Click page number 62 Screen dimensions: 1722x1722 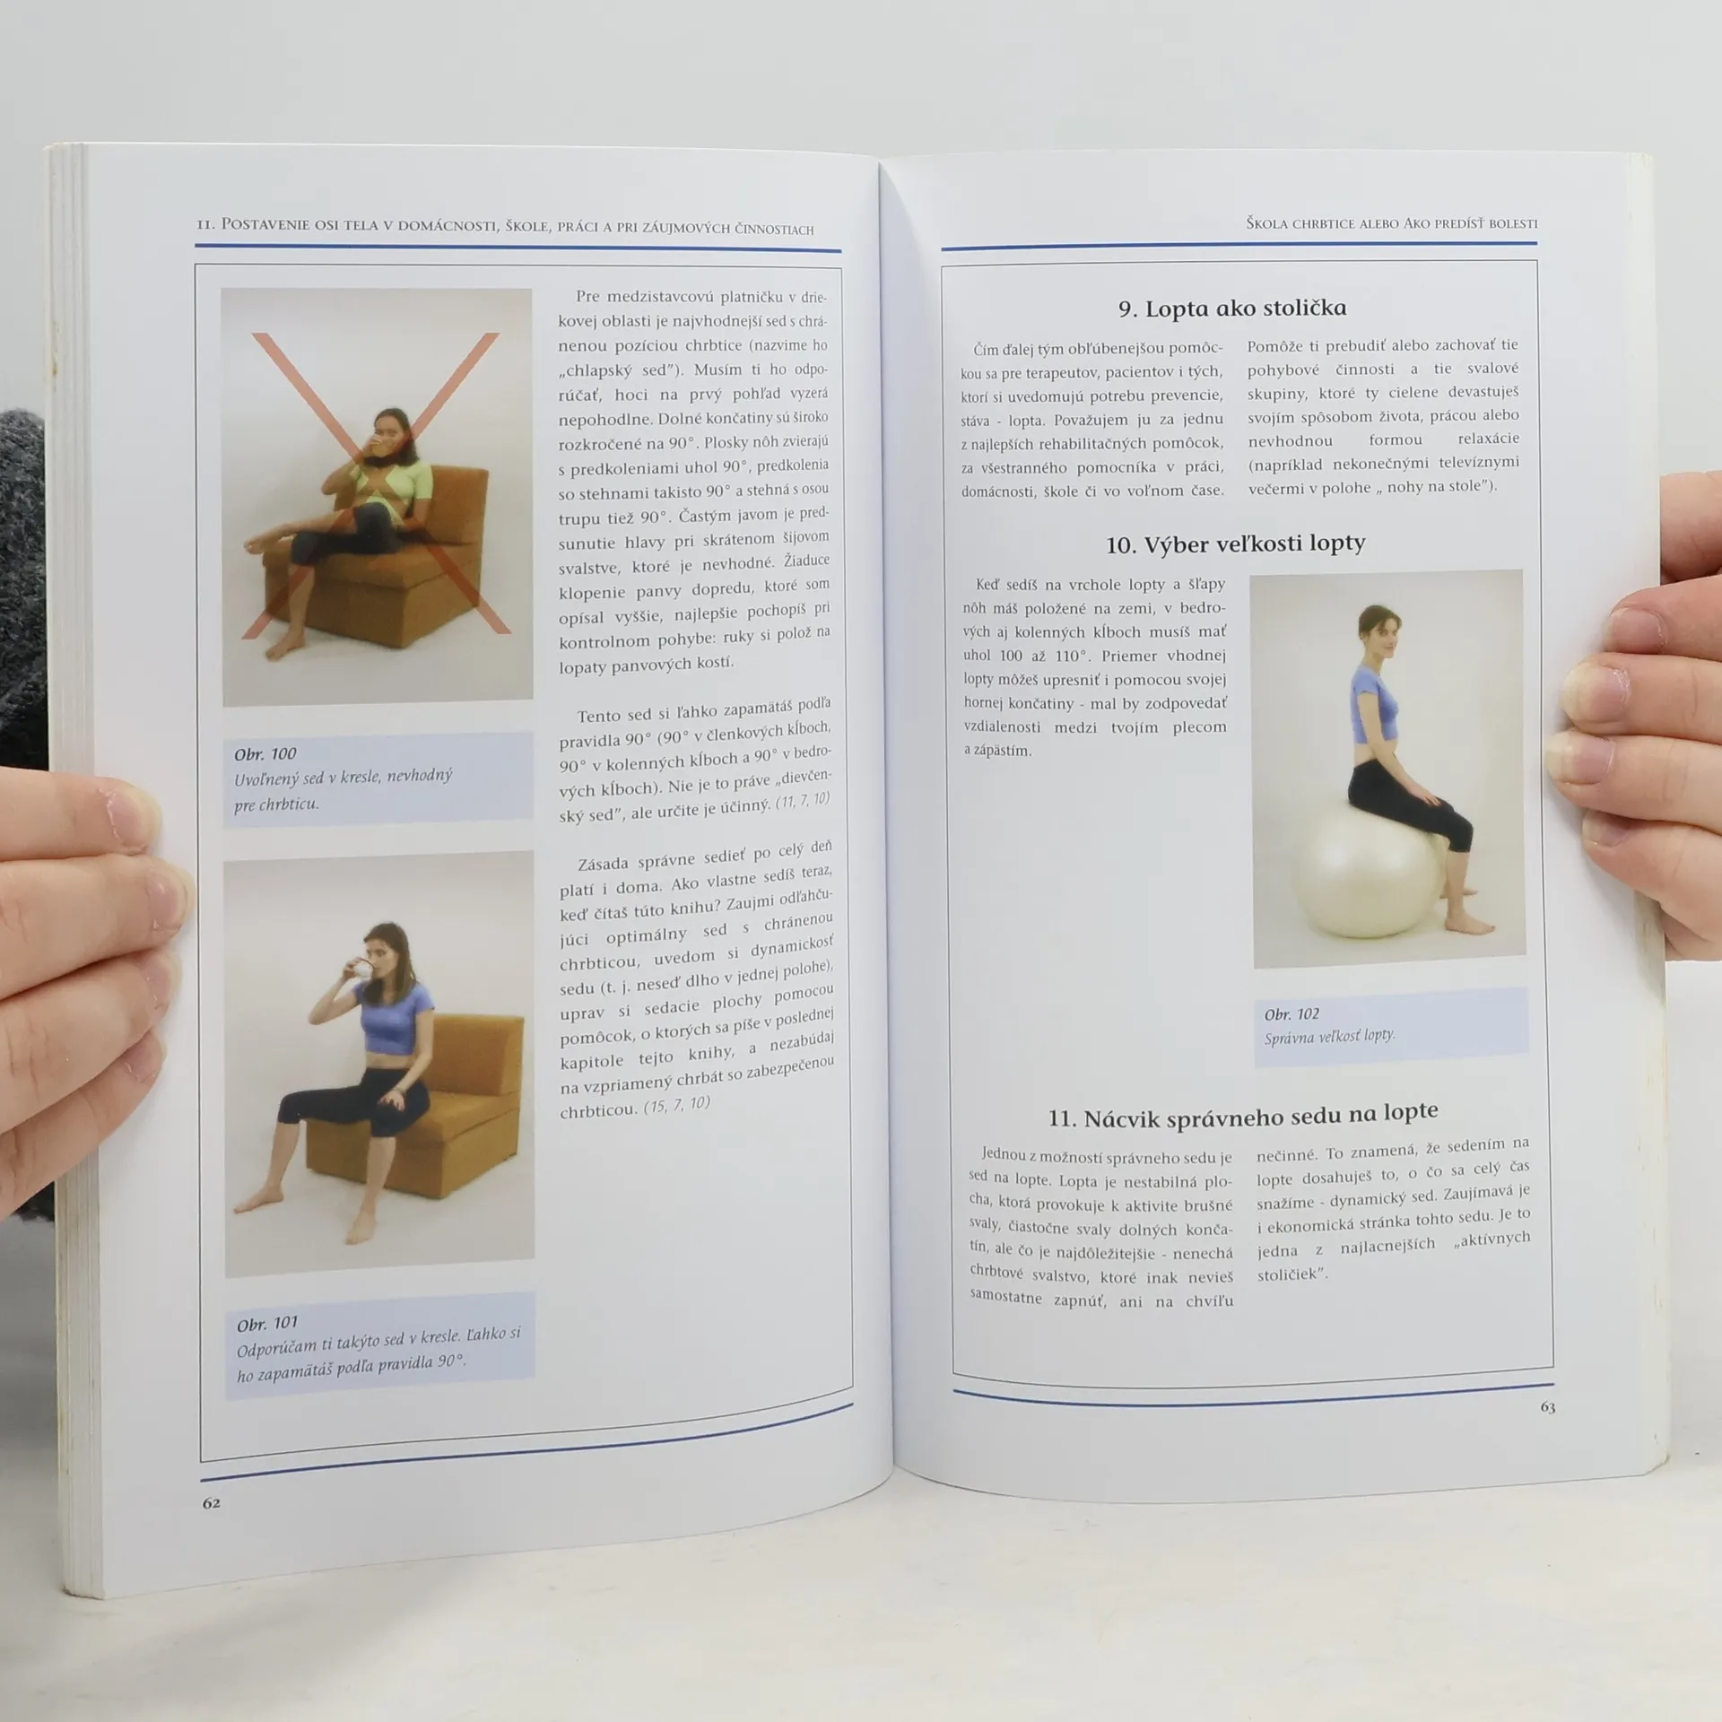[211, 1502]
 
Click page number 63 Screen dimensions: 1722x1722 [1547, 1407]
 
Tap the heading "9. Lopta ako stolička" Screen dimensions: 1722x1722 [1232, 309]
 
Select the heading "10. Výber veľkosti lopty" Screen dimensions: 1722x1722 [1235, 544]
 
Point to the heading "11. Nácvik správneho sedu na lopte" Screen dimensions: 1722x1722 [1243, 1117]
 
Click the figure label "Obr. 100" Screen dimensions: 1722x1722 [265, 753]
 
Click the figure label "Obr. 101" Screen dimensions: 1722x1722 [267, 1323]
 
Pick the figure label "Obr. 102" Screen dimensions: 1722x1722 [1291, 1014]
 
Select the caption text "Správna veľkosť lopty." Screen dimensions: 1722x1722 [1329, 1037]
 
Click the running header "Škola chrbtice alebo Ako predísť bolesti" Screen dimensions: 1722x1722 [1391, 223]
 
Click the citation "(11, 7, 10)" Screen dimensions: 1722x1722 [803, 801]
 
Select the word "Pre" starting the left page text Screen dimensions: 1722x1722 [587, 297]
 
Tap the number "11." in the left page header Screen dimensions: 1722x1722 [205, 224]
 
